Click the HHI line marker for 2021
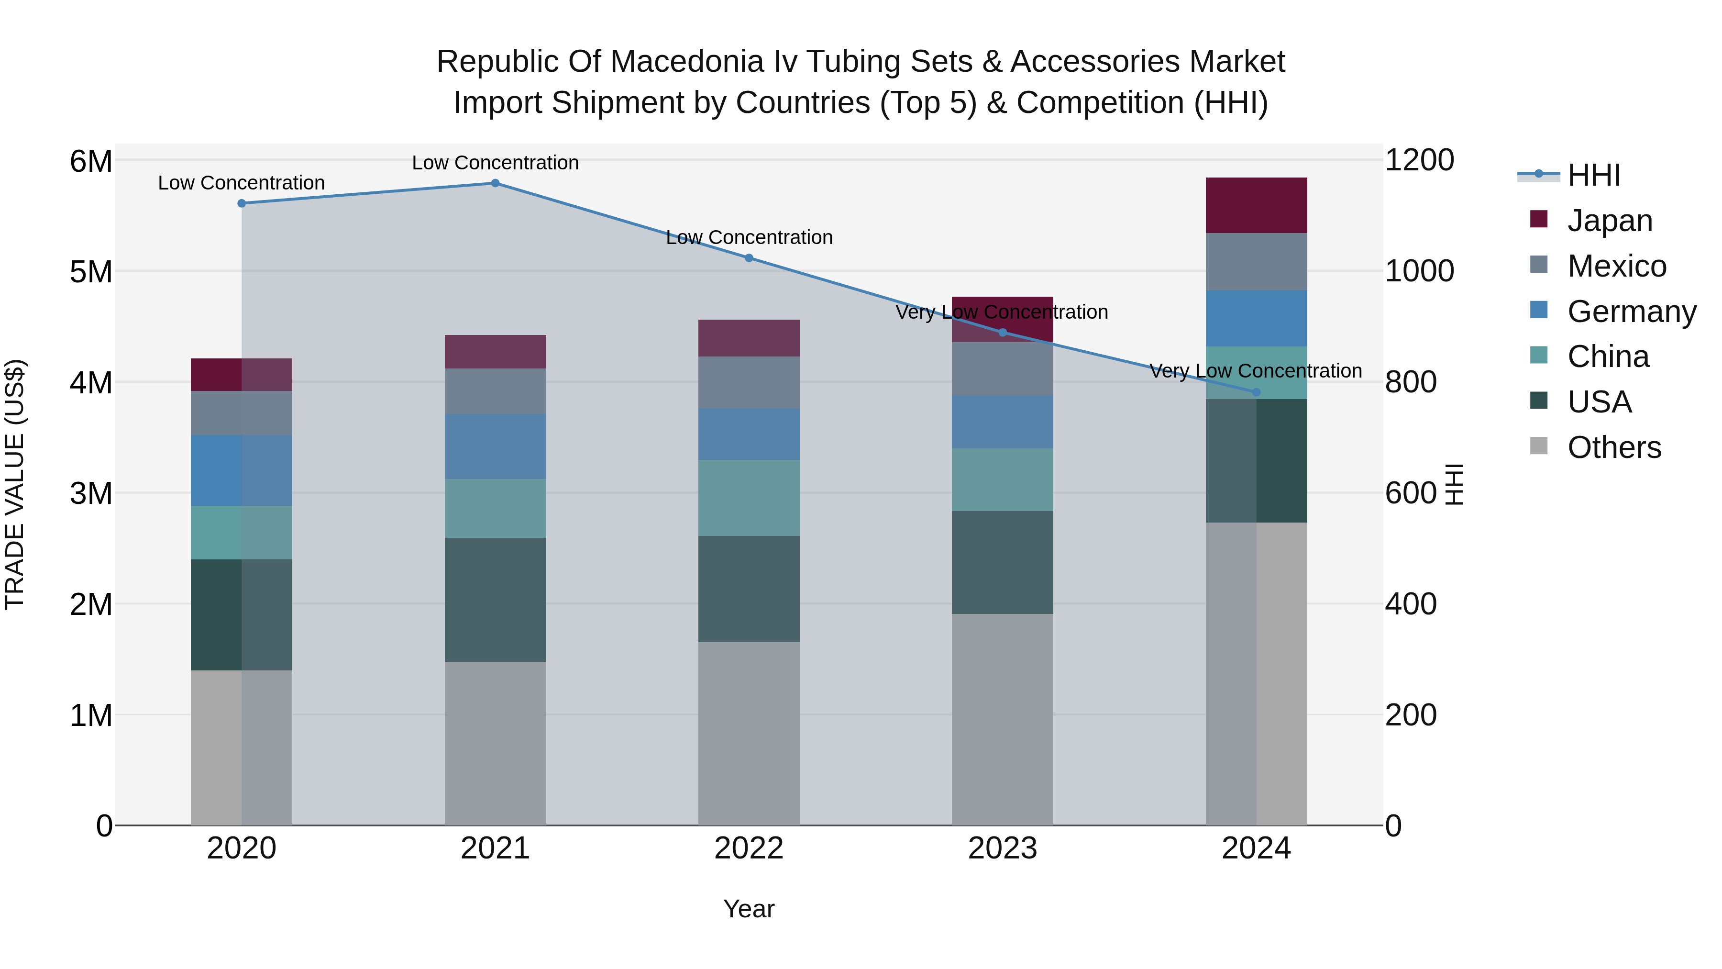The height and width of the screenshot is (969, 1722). pos(496,183)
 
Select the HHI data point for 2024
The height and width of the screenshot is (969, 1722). pos(1256,392)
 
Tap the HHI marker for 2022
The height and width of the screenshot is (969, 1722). pos(749,258)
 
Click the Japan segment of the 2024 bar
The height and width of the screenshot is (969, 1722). pos(1256,205)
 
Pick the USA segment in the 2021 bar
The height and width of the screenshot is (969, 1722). pos(496,600)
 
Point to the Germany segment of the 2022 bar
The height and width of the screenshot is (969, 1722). pos(749,434)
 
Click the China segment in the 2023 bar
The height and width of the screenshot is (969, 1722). pos(1002,479)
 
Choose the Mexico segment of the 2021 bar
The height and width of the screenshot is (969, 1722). pos(496,391)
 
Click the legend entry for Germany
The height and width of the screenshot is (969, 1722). pos(1631,312)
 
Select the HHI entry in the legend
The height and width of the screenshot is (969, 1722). pos(1594,175)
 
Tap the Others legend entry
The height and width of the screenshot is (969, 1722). pos(1614,447)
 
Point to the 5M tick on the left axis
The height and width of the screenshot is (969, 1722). pos(91,271)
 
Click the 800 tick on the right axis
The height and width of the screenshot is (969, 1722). pos(1411,382)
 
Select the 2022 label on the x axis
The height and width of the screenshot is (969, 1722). pos(749,848)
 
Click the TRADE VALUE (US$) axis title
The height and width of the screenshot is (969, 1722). pos(15,484)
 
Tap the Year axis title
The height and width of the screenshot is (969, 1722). pos(749,909)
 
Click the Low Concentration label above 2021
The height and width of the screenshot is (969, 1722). pos(496,163)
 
